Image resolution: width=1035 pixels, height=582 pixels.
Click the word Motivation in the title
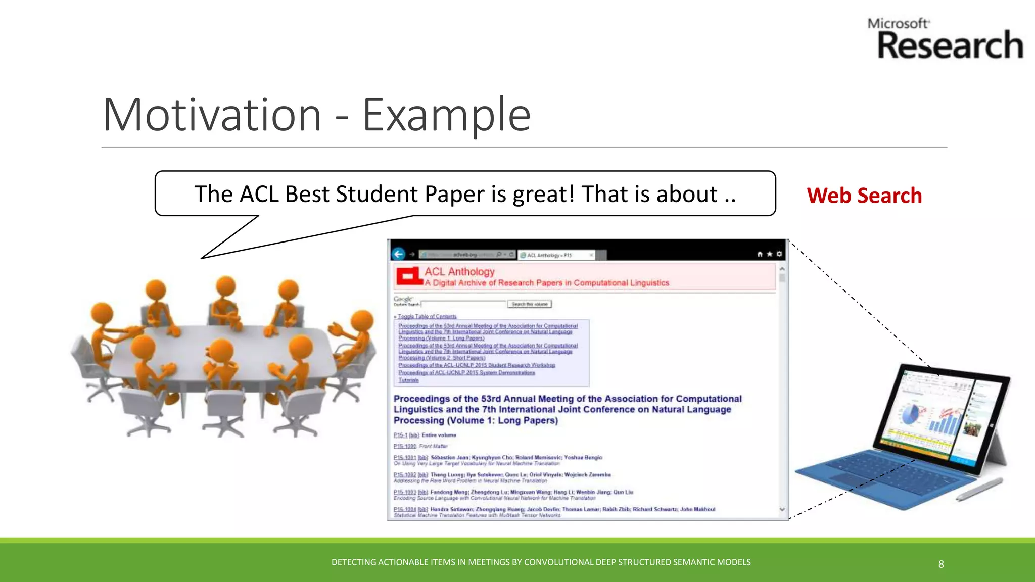(212, 115)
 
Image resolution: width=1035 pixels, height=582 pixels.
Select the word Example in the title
(446, 115)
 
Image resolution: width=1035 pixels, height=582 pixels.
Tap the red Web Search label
(864, 196)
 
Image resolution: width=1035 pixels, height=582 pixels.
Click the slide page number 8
(941, 564)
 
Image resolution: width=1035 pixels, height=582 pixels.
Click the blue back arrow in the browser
(399, 254)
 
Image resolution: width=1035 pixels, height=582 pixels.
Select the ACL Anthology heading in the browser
(459, 272)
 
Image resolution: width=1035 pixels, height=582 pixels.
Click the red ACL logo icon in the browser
(409, 276)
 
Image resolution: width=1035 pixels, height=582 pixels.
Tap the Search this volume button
(529, 304)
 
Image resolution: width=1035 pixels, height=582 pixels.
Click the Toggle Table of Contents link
(427, 317)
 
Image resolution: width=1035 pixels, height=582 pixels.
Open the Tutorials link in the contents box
(408, 380)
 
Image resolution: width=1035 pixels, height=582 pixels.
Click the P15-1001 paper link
(404, 457)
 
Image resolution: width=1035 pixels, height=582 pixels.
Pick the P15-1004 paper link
(404, 509)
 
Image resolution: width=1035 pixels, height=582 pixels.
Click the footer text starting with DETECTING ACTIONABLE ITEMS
(541, 562)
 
